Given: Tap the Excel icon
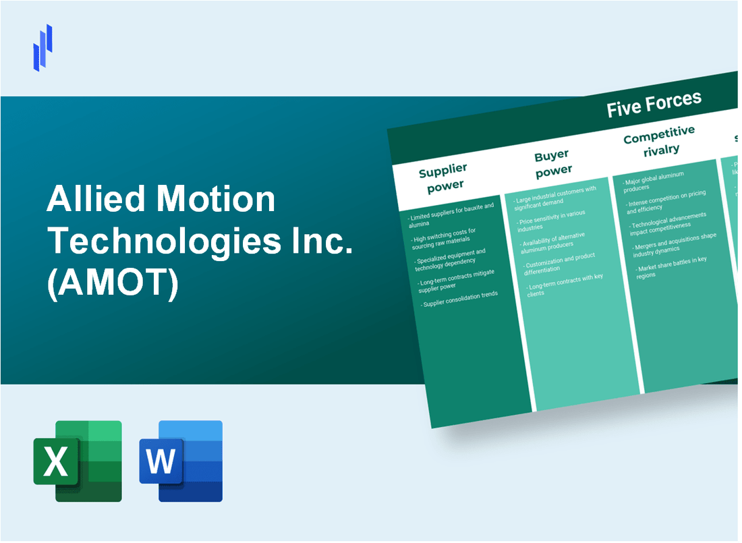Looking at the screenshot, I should (x=78, y=461).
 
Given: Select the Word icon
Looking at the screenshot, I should (x=181, y=461).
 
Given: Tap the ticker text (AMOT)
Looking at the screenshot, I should (x=112, y=285).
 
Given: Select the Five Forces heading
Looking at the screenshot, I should (x=654, y=105).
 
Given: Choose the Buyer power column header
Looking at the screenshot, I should (x=552, y=163).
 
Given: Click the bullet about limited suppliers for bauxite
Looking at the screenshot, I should (x=451, y=215).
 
